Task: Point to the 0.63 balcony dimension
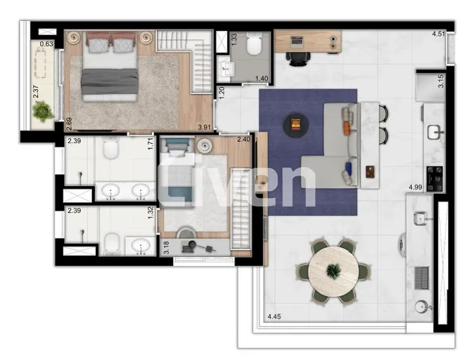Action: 47,45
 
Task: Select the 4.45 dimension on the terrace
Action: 275,317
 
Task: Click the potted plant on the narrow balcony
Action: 43,110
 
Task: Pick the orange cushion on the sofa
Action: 347,126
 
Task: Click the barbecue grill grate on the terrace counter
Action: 422,276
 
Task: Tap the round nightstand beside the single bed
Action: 205,145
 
